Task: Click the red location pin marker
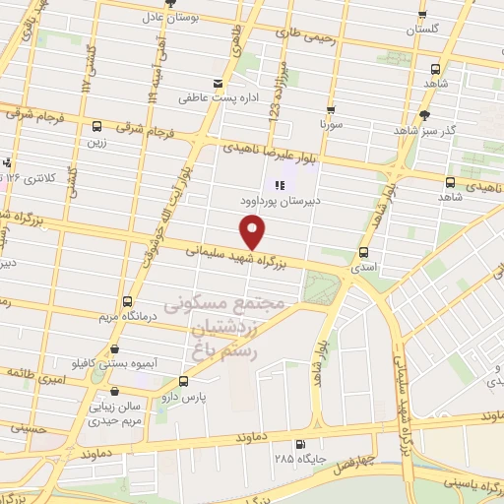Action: (x=254, y=232)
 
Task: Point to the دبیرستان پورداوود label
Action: (x=279, y=200)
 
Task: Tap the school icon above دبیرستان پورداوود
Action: (x=280, y=184)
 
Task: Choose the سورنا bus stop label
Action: (x=328, y=126)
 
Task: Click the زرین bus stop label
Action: (x=95, y=142)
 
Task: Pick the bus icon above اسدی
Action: (x=365, y=252)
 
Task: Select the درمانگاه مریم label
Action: (x=124, y=317)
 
